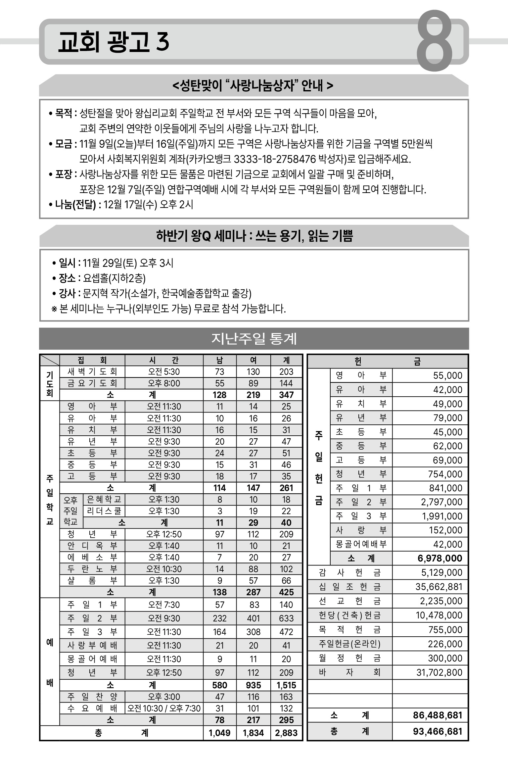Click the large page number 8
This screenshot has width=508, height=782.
(x=434, y=41)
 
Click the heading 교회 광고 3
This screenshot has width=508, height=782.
(x=114, y=42)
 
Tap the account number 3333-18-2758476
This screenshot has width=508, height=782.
(x=275, y=159)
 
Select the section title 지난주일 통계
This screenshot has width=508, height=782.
(x=254, y=338)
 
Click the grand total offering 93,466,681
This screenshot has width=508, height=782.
(x=437, y=731)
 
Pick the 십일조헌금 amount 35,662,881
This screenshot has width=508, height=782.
(x=439, y=587)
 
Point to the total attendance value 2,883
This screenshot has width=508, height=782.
(x=286, y=733)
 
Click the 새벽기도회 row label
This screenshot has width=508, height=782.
(x=92, y=371)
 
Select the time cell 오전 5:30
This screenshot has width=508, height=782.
(x=164, y=371)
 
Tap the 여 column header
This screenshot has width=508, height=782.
(x=253, y=360)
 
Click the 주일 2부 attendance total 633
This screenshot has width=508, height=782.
(x=286, y=618)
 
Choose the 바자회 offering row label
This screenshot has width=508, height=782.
(x=349, y=672)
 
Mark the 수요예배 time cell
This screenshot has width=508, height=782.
(x=164, y=708)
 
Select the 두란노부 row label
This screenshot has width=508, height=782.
(x=92, y=569)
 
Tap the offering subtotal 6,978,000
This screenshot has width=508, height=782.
(x=439, y=558)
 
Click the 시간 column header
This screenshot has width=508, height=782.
(x=164, y=360)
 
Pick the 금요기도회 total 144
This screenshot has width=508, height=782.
(x=286, y=383)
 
